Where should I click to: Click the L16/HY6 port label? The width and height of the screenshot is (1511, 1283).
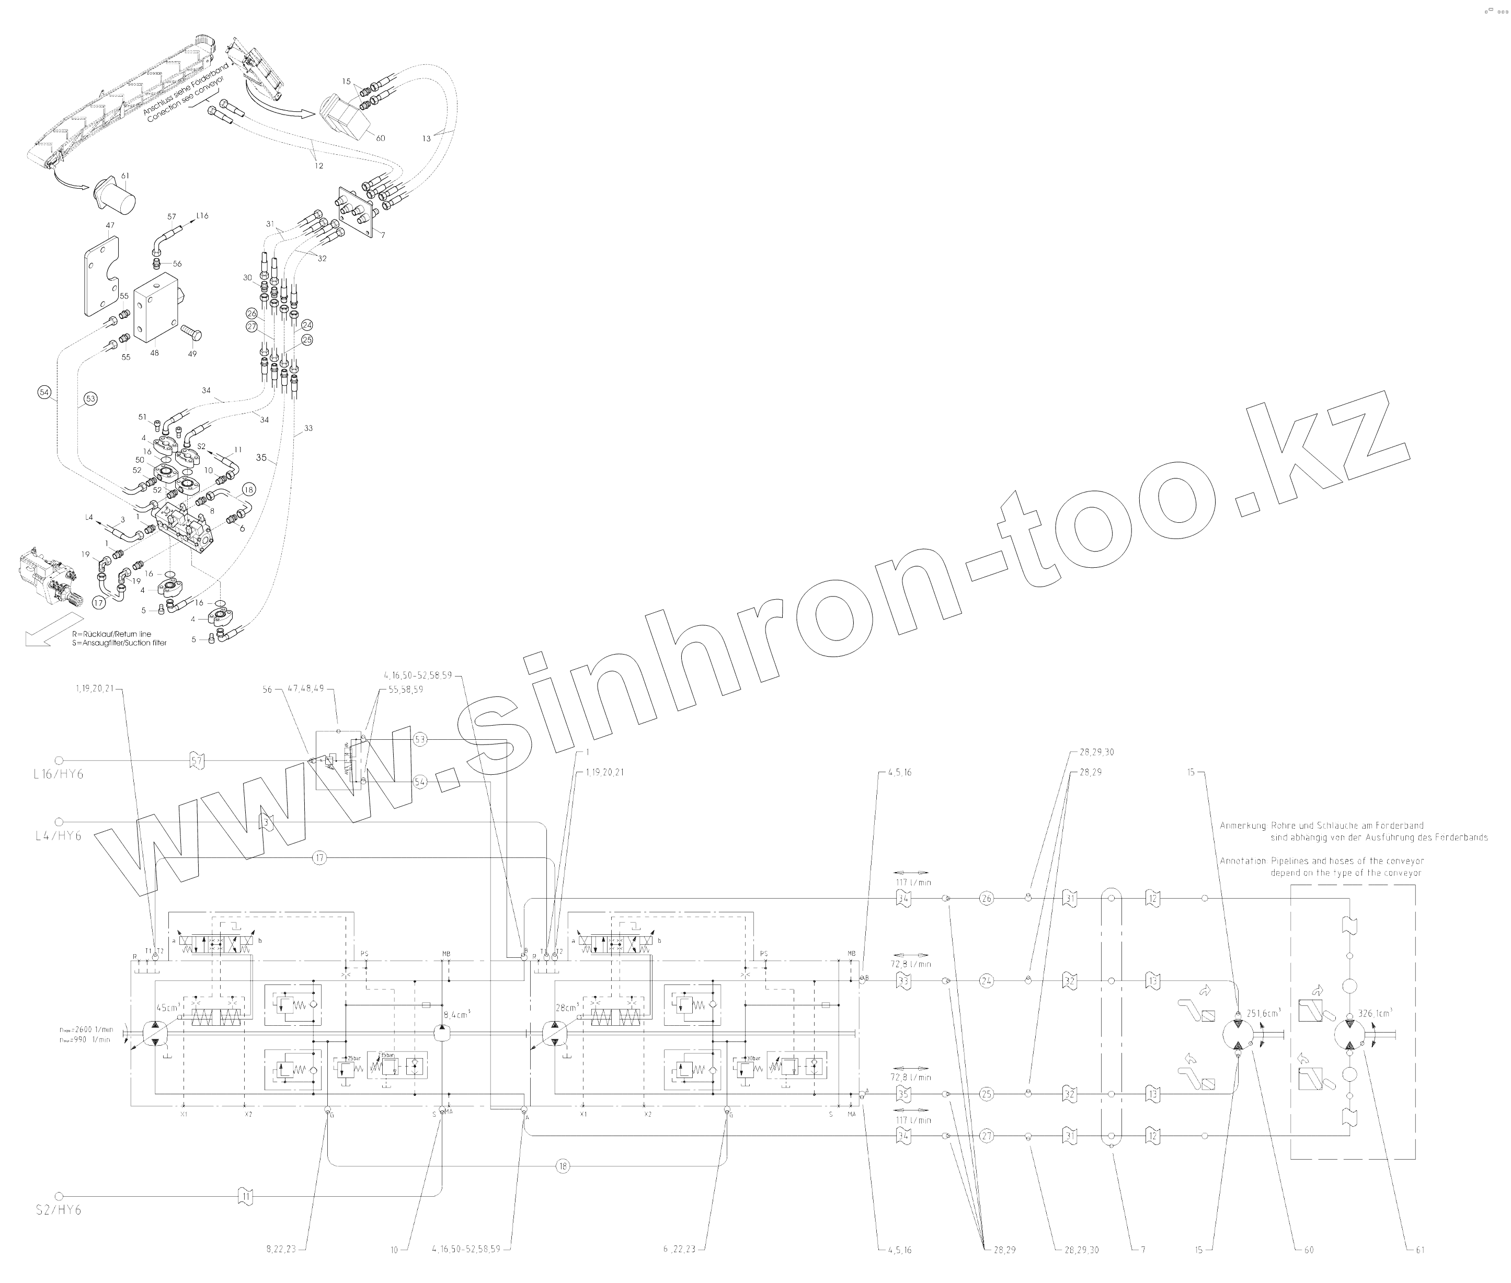(x=58, y=774)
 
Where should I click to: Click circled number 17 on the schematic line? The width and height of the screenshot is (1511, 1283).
(x=319, y=858)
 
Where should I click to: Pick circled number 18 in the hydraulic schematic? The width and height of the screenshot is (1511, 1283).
(x=563, y=1166)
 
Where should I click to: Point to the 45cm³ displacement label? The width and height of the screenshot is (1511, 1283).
(x=167, y=1008)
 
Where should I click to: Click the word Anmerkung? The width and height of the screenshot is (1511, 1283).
(x=1242, y=826)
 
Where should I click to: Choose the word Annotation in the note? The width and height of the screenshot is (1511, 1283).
(x=1242, y=861)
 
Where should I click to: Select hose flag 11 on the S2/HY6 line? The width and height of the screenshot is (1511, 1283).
(x=246, y=1195)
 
